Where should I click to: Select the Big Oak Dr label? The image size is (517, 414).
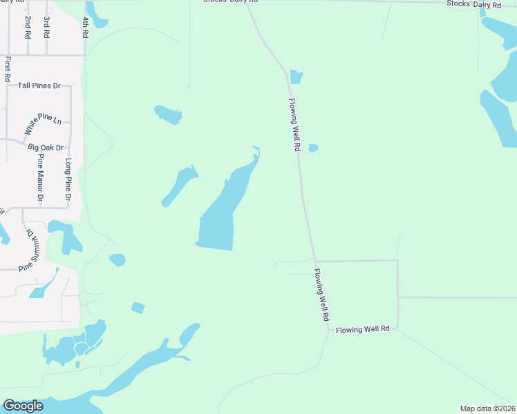pos(46,148)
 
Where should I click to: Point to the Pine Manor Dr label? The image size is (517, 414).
pos(40,178)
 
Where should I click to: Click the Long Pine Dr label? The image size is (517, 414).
pos(68,179)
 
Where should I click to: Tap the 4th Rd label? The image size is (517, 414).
pos(86,28)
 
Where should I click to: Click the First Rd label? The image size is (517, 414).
pos(7,70)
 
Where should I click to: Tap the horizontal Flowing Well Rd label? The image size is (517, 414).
pos(363,330)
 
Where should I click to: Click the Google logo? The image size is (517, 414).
pos(23,406)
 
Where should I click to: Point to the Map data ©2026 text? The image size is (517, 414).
pos(488,408)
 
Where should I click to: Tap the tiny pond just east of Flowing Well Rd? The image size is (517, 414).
pos(313,148)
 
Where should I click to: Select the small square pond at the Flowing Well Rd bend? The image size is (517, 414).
pos(297,77)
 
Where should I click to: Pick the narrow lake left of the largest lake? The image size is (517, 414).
pos(179,185)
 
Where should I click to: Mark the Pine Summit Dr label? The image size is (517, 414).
pos(29,248)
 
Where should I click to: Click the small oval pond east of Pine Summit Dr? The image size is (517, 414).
pos(117,260)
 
